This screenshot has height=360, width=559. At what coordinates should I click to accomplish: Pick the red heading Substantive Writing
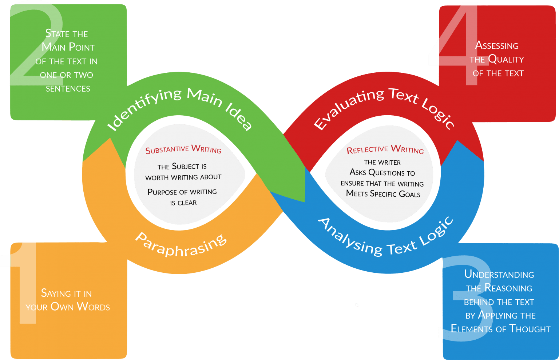coord(183,149)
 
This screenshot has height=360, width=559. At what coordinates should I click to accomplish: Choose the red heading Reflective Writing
coord(385,149)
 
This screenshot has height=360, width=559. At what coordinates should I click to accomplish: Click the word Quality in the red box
coord(506,59)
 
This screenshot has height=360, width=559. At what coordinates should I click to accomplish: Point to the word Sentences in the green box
coord(68,89)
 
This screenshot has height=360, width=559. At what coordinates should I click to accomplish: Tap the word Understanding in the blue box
coord(499,275)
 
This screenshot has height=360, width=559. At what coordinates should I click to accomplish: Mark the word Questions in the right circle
coord(386,173)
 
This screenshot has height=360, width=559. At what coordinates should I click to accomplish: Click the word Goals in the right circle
coord(409,194)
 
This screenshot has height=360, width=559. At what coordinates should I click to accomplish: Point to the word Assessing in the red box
coord(497,46)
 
